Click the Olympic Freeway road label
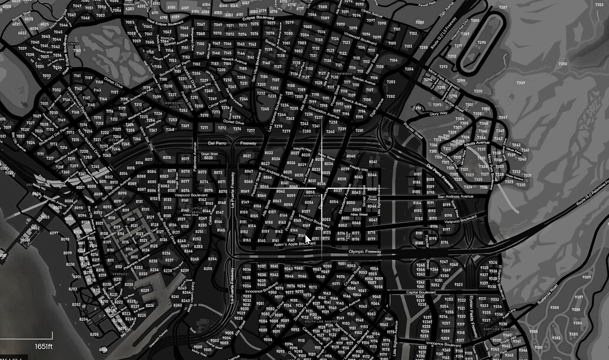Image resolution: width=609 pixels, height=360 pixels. coord(365,252)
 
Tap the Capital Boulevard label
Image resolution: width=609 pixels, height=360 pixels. coord(420,292)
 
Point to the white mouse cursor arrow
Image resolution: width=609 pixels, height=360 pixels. coord(308,239)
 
